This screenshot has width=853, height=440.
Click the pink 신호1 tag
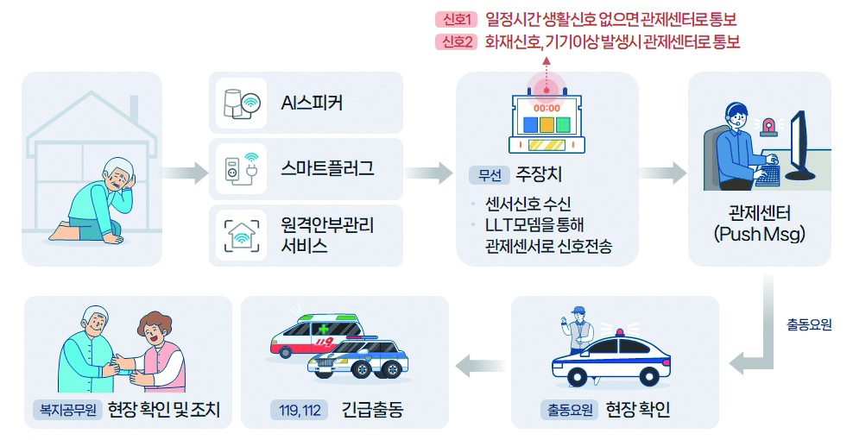[456, 20]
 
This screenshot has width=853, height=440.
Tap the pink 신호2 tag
[456, 41]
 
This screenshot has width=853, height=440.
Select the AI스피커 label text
[312, 103]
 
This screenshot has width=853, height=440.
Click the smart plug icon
[241, 168]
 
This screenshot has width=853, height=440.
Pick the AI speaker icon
[242, 103]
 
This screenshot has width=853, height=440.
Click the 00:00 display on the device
[547, 108]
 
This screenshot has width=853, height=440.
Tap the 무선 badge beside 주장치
[490, 174]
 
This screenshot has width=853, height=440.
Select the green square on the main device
[563, 125]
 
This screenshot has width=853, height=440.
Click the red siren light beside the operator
[768, 126]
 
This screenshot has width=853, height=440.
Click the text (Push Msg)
[760, 234]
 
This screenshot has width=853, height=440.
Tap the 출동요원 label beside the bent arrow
[809, 324]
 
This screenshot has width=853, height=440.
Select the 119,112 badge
[300, 410]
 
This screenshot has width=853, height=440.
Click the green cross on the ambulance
[325, 329]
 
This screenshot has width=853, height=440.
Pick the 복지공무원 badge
[67, 410]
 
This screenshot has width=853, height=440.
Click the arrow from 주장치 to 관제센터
[662, 173]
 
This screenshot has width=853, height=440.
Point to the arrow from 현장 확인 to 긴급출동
[480, 365]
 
